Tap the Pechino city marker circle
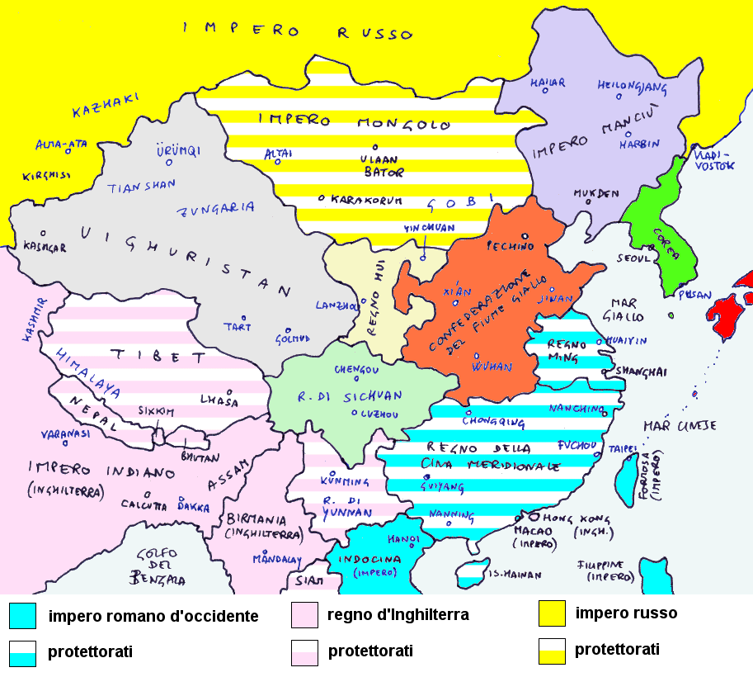coord(524,246)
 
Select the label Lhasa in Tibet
coord(219,401)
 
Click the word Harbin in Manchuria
coord(639,144)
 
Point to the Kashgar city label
coord(44,247)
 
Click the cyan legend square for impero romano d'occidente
coord(22,615)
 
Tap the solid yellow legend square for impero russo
coord(551,613)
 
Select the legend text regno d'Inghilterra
coord(398,615)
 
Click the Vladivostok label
coord(713,159)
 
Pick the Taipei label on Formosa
coord(623,448)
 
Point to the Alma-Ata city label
coord(60,144)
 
